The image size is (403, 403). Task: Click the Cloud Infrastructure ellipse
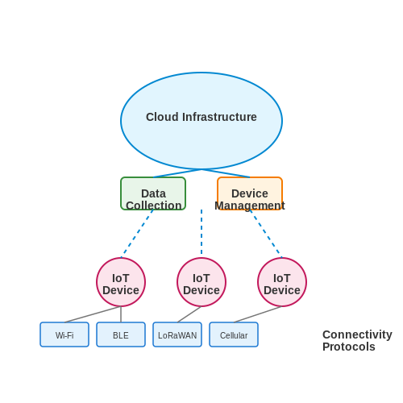[x=201, y=121]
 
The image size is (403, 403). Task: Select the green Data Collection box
[x=153, y=193]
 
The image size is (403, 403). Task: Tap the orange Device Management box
[x=250, y=193]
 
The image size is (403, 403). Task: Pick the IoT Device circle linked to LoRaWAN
[x=201, y=282]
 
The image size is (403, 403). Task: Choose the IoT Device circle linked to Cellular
[x=282, y=282]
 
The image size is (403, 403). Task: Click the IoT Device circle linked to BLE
[x=121, y=282]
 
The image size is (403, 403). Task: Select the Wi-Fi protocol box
[x=64, y=334]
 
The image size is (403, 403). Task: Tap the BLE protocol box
[x=121, y=334]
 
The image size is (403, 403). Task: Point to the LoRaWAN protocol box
[x=177, y=334]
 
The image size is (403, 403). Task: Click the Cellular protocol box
[x=234, y=334]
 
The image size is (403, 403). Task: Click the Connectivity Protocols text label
[x=357, y=341]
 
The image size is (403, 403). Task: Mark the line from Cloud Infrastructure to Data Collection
[x=177, y=173]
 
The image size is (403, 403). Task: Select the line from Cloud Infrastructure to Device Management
[x=226, y=173]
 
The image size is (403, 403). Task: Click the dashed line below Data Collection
[x=137, y=234]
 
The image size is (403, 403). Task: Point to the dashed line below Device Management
[x=266, y=234]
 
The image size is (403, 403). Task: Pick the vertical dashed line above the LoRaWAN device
[x=201, y=231]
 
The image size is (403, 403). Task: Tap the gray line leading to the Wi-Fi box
[x=93, y=314]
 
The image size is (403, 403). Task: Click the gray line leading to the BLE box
[x=121, y=314]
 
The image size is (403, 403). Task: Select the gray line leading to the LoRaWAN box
[x=189, y=314]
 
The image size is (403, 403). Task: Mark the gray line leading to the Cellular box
[x=258, y=314]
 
